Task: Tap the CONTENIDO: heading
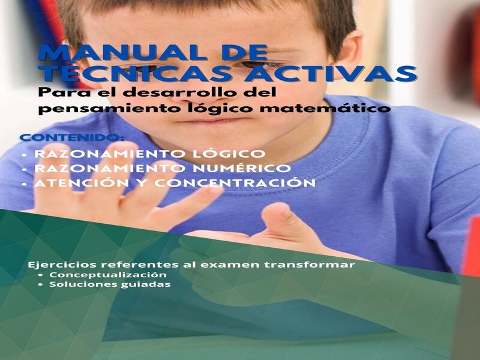tap(72, 137)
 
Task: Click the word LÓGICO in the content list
tap(229, 153)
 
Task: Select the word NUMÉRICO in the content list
tap(242, 168)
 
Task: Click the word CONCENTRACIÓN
tap(235, 182)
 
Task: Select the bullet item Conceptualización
tap(108, 275)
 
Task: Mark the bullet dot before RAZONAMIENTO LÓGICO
tap(25, 155)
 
